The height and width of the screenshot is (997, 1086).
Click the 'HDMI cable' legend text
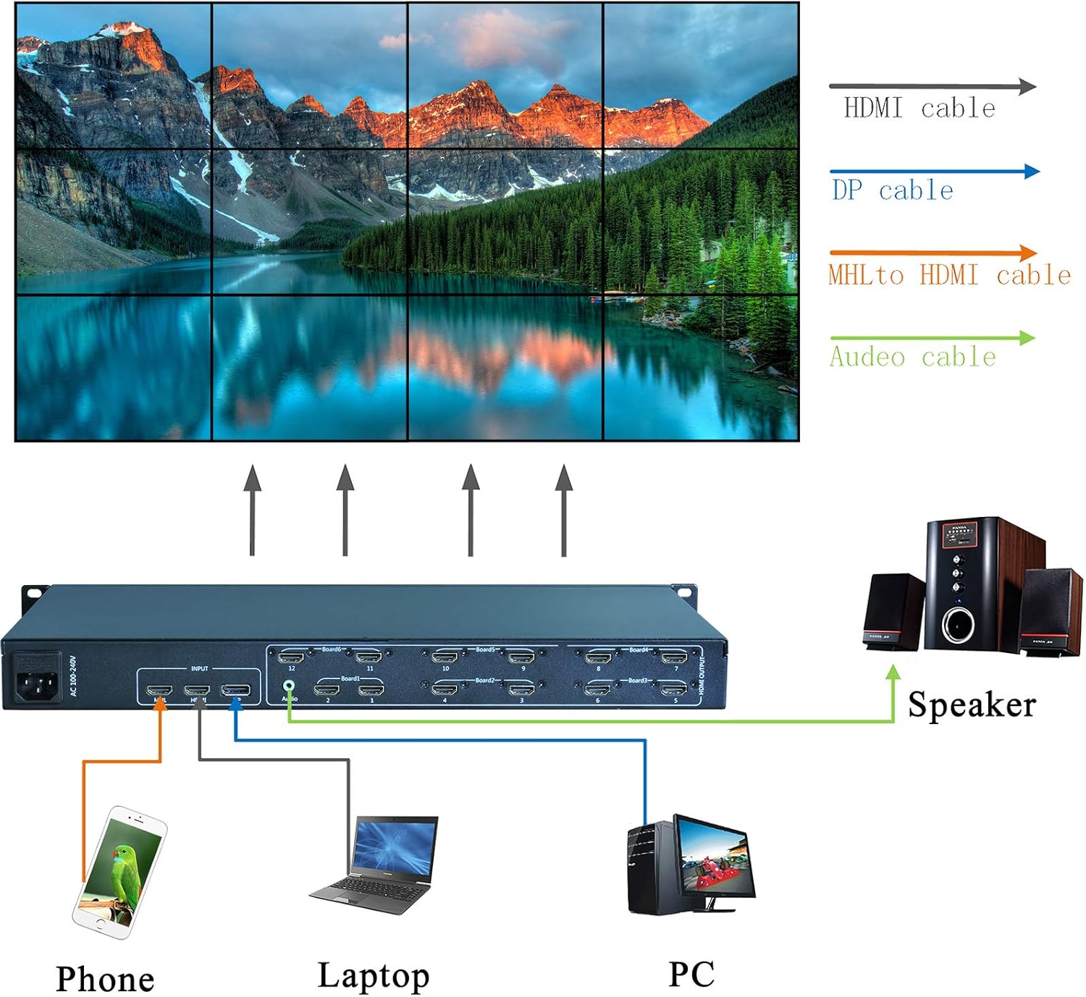tap(919, 109)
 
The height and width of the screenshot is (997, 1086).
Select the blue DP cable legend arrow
tap(934, 172)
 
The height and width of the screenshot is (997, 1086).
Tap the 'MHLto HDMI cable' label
tap(948, 275)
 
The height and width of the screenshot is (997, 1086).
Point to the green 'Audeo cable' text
tap(912, 357)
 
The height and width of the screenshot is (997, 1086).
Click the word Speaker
tap(971, 704)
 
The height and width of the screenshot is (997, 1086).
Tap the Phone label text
tap(105, 979)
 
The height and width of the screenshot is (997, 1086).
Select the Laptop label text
tap(373, 975)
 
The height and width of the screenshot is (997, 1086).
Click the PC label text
tap(691, 974)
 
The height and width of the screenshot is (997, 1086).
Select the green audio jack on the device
tap(289, 684)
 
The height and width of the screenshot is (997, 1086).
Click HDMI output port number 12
tap(292, 657)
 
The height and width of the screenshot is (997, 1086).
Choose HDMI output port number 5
tap(674, 688)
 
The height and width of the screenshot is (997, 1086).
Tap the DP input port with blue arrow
tap(236, 691)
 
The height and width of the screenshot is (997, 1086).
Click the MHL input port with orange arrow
tap(159, 691)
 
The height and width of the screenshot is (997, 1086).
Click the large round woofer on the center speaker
tap(959, 623)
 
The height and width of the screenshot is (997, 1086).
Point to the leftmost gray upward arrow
tap(252, 510)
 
